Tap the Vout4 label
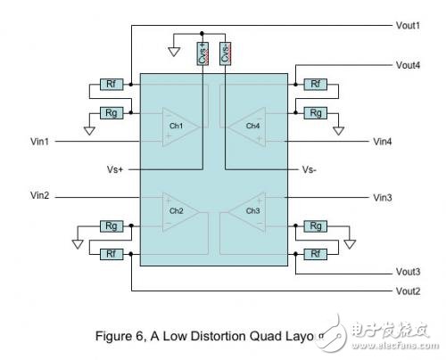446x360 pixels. pos(411,64)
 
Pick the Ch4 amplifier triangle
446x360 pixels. pos(245,126)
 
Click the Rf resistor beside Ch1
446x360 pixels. pos(111,85)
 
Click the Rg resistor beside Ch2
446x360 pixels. pos(111,226)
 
